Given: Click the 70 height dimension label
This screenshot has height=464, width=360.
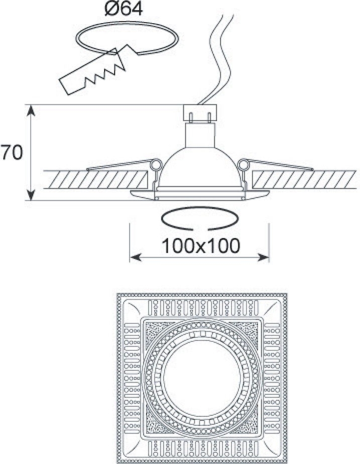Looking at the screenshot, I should coord(11,153).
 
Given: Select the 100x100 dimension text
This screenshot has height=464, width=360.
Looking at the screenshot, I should coord(200,246).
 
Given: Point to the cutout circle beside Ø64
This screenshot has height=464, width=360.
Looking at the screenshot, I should coord(128,38).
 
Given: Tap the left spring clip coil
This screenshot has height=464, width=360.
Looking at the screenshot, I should coord(156,164).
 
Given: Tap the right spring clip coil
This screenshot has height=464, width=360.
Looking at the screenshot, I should coord(244,164).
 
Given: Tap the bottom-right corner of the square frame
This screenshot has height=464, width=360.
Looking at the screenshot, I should coord(285,461).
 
